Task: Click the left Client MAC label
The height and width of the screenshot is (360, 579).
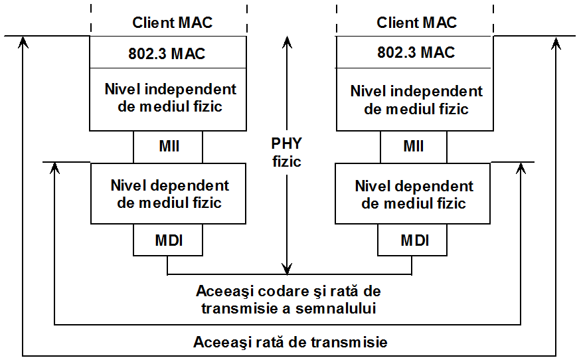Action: (173, 23)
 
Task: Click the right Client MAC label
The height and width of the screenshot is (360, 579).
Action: (416, 23)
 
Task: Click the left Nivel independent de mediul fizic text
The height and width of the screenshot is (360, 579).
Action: (170, 98)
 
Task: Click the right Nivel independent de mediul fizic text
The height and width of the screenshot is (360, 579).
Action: (416, 100)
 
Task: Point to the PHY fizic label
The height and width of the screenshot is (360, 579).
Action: (287, 152)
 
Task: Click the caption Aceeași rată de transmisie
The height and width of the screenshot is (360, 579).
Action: (290, 342)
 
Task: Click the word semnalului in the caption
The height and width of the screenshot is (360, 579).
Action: (336, 308)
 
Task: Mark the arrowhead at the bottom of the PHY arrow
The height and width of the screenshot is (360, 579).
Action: (287, 268)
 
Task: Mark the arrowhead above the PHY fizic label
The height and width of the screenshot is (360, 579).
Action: (287, 42)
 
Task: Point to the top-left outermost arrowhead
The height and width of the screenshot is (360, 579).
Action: (23, 42)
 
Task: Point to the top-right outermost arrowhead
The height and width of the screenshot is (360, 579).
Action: (556, 43)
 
